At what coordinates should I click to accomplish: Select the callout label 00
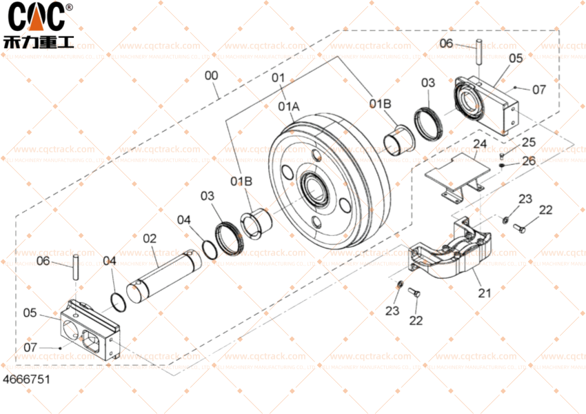coord(212,75)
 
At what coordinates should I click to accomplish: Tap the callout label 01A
coord(289,107)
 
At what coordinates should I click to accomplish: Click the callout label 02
coord(150,239)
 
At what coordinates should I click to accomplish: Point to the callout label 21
coord(485,293)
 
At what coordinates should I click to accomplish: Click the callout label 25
coord(528,142)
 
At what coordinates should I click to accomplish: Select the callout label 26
coord(528,161)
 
